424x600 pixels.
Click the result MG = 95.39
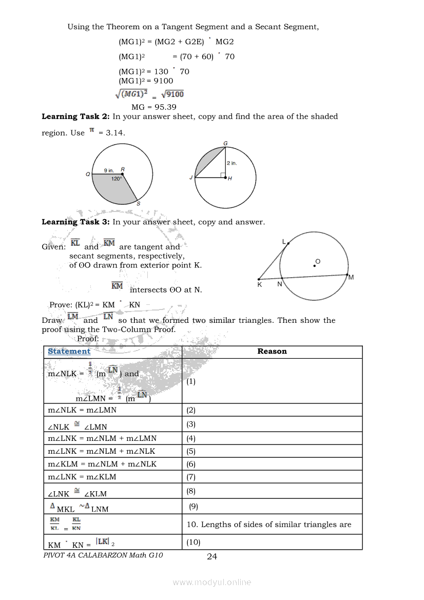tap(153, 107)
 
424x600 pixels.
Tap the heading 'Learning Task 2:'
tap(76, 117)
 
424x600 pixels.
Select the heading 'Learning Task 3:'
tap(76, 222)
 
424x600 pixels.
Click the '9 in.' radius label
tap(109, 170)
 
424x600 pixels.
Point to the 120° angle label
tap(117, 179)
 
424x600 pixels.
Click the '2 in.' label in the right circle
tap(232, 163)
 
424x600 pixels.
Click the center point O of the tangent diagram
tap(315, 265)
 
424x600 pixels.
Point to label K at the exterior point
tap(260, 284)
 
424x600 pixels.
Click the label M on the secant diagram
tap(351, 278)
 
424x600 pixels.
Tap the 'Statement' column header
tap(69, 352)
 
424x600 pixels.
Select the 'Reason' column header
tap(272, 352)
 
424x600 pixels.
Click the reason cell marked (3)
tap(191, 424)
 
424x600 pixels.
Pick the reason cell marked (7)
tap(191, 477)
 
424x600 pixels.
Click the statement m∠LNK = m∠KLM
tap(82, 477)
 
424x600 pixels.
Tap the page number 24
tap(211, 556)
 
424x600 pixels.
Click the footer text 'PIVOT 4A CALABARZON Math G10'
tap(103, 555)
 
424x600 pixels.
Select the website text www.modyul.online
tap(212, 582)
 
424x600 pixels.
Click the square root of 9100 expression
tap(172, 94)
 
